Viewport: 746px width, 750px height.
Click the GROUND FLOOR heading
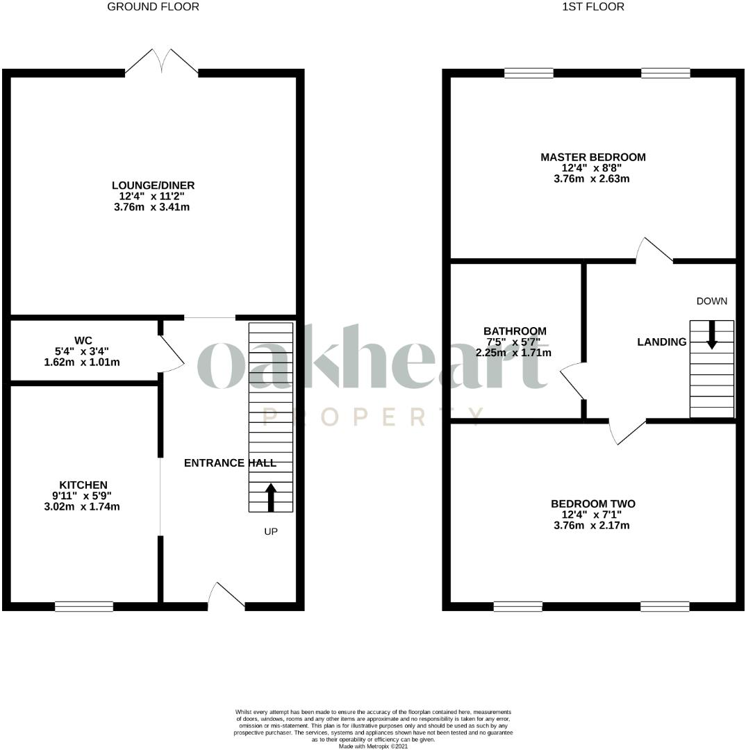[x=153, y=7]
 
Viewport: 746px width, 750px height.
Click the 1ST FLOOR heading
[x=592, y=7]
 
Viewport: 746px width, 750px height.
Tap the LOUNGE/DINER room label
[x=153, y=185]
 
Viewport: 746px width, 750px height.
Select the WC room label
[x=83, y=341]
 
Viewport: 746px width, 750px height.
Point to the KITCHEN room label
[x=83, y=485]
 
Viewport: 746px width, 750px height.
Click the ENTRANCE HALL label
[x=230, y=463]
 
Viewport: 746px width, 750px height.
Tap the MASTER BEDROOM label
[x=592, y=158]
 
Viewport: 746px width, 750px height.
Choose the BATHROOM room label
[x=515, y=331]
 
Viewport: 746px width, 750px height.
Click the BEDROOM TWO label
[x=592, y=504]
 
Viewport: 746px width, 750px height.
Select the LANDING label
[x=662, y=342]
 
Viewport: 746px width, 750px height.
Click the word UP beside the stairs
[x=271, y=532]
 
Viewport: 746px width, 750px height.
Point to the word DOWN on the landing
[x=712, y=301]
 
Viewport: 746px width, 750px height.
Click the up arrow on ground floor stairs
[x=271, y=497]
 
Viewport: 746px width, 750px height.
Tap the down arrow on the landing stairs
[x=712, y=335]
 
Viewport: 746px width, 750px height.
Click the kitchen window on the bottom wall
[x=84, y=606]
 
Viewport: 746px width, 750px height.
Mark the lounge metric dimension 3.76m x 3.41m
[x=151, y=207]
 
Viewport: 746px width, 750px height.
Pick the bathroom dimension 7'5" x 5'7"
[x=513, y=342]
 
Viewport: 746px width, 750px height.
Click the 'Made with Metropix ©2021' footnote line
[x=373, y=747]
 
